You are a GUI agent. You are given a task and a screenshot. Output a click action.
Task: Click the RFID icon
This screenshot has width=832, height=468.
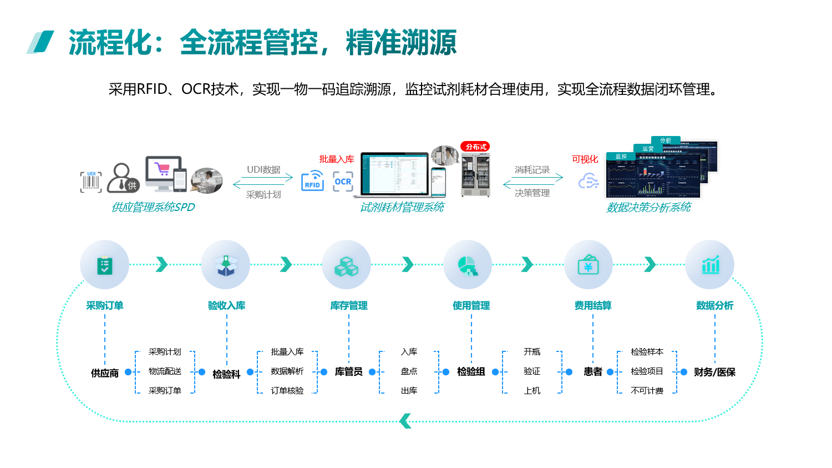pyautogui.click(x=312, y=182)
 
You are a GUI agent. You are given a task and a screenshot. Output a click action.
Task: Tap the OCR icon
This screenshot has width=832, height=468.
pyautogui.click(x=343, y=182)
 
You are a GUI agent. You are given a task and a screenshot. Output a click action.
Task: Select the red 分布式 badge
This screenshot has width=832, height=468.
pyautogui.click(x=475, y=147)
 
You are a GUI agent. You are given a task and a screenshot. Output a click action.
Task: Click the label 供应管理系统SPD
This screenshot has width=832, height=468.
pyautogui.click(x=153, y=207)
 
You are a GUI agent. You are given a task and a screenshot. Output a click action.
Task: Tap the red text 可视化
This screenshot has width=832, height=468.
pyautogui.click(x=585, y=159)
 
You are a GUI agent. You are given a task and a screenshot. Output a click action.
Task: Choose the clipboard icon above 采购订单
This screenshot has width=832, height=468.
pyautogui.click(x=104, y=265)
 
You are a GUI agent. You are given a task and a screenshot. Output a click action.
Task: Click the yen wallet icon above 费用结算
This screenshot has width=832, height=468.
pyautogui.click(x=588, y=265)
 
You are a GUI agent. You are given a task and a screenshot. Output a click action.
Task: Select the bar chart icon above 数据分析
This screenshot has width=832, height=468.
pyautogui.click(x=710, y=265)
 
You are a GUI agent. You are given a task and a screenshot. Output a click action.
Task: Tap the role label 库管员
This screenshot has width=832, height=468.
pyautogui.click(x=348, y=371)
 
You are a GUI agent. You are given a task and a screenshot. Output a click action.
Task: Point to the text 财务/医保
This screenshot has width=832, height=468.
pyautogui.click(x=714, y=372)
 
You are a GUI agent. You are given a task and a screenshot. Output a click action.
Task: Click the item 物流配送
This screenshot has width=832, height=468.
pyautogui.click(x=165, y=371)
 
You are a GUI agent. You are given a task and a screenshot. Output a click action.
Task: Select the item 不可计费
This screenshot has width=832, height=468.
pyautogui.click(x=647, y=391)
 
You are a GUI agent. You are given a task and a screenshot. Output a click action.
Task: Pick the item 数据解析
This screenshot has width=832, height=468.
pyautogui.click(x=287, y=371)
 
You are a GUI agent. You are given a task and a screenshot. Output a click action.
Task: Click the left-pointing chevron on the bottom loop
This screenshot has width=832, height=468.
pyautogui.click(x=405, y=421)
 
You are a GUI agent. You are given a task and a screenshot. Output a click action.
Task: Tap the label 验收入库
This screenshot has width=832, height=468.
pyautogui.click(x=226, y=305)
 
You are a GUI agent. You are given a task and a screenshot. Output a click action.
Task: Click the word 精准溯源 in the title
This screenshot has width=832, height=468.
pyautogui.click(x=401, y=43)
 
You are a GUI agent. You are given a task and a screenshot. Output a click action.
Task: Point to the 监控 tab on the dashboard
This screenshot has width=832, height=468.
pyautogui.click(x=621, y=157)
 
